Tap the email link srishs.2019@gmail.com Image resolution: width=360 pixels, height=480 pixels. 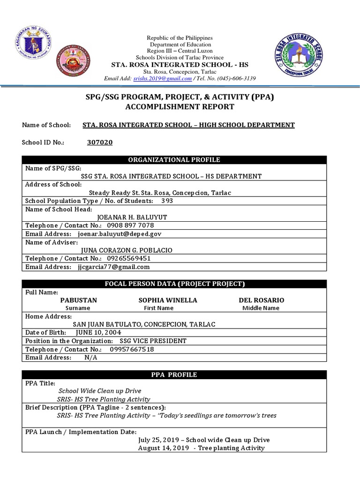coord(162,78)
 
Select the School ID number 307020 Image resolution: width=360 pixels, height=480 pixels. coord(100,142)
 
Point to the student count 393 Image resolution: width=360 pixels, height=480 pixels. coord(167,201)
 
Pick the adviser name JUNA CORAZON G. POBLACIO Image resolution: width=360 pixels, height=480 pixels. coord(127,250)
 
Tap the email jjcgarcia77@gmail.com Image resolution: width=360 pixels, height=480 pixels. coord(114,267)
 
